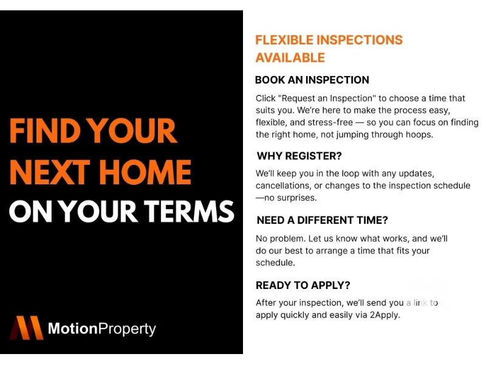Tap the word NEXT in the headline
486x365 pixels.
click(x=50, y=172)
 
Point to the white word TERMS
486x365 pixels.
click(x=190, y=211)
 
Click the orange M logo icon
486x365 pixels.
click(x=27, y=328)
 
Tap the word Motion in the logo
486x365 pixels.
click(x=73, y=328)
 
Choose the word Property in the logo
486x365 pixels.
click(x=127, y=330)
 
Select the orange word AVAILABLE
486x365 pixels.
click(x=290, y=58)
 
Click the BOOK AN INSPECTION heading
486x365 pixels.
click(x=312, y=80)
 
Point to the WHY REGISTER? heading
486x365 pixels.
click(x=299, y=156)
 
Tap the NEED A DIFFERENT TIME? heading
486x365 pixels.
click(x=323, y=220)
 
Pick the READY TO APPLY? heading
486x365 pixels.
click(x=303, y=285)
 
